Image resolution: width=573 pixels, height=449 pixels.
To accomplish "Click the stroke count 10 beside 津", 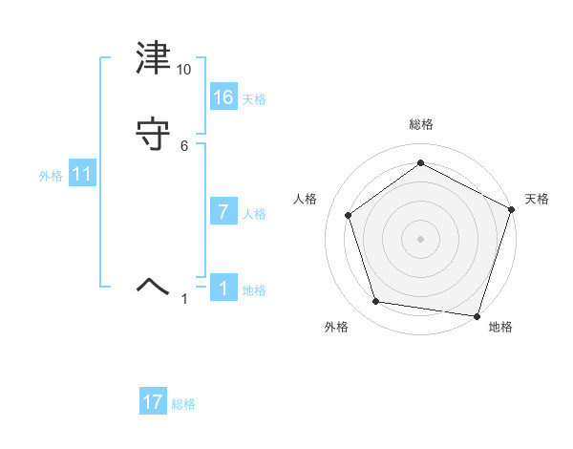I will [x=184, y=70].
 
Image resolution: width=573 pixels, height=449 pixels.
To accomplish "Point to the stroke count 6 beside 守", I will [x=184, y=145].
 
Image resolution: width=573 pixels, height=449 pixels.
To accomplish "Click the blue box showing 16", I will [x=223, y=97].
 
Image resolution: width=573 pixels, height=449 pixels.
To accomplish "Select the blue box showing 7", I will [x=223, y=212].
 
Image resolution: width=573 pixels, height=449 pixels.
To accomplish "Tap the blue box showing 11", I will [x=82, y=174].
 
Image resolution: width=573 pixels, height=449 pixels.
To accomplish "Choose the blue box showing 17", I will [x=153, y=402].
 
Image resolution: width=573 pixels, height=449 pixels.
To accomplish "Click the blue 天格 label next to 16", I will [x=254, y=99].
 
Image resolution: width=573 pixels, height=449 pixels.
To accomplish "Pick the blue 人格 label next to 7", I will [x=254, y=214].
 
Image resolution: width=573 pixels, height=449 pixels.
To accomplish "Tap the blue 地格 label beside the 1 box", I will [x=254, y=290].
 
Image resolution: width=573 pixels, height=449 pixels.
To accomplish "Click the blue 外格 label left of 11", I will [x=51, y=176].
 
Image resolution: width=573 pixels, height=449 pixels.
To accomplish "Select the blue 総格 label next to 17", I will [x=183, y=404].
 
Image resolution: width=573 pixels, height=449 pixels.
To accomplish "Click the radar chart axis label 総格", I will [x=421, y=124].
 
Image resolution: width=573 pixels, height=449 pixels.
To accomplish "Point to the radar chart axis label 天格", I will [x=537, y=199].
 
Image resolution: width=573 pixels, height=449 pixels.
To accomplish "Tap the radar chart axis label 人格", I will [x=306, y=199].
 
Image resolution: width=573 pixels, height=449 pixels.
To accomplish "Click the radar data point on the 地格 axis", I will [x=477, y=315].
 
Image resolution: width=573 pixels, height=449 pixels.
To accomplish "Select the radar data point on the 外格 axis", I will [x=376, y=302].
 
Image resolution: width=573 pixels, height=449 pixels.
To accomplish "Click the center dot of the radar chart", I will [x=421, y=239].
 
